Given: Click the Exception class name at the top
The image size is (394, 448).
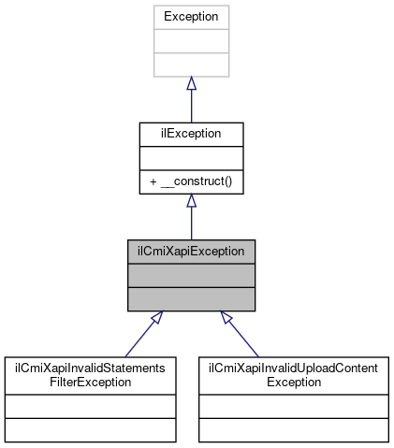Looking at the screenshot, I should (x=191, y=17).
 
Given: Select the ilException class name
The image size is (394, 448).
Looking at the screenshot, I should (x=191, y=134).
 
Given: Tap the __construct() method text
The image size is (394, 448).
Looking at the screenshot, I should (x=196, y=181).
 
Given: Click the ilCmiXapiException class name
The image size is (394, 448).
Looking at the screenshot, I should (x=191, y=251).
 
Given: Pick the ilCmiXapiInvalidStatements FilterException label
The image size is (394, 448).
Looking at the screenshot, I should (x=90, y=375).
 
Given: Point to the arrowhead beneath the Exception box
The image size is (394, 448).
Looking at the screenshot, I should (x=191, y=84).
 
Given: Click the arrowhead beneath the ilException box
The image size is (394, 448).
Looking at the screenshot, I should (x=191, y=201).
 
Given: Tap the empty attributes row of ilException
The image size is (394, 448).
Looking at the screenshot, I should (x=191, y=157).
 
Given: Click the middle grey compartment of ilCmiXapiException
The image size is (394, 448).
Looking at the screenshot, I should (x=191, y=275).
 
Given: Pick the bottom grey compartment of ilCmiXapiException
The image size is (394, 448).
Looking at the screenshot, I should (x=191, y=299).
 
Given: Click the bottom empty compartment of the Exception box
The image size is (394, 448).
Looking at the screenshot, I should (x=191, y=65).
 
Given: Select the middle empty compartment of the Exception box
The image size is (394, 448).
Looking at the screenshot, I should (x=191, y=41).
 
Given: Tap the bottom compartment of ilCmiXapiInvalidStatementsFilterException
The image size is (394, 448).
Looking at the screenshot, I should (x=90, y=429).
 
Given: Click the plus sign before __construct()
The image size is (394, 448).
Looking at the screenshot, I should (x=153, y=181).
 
